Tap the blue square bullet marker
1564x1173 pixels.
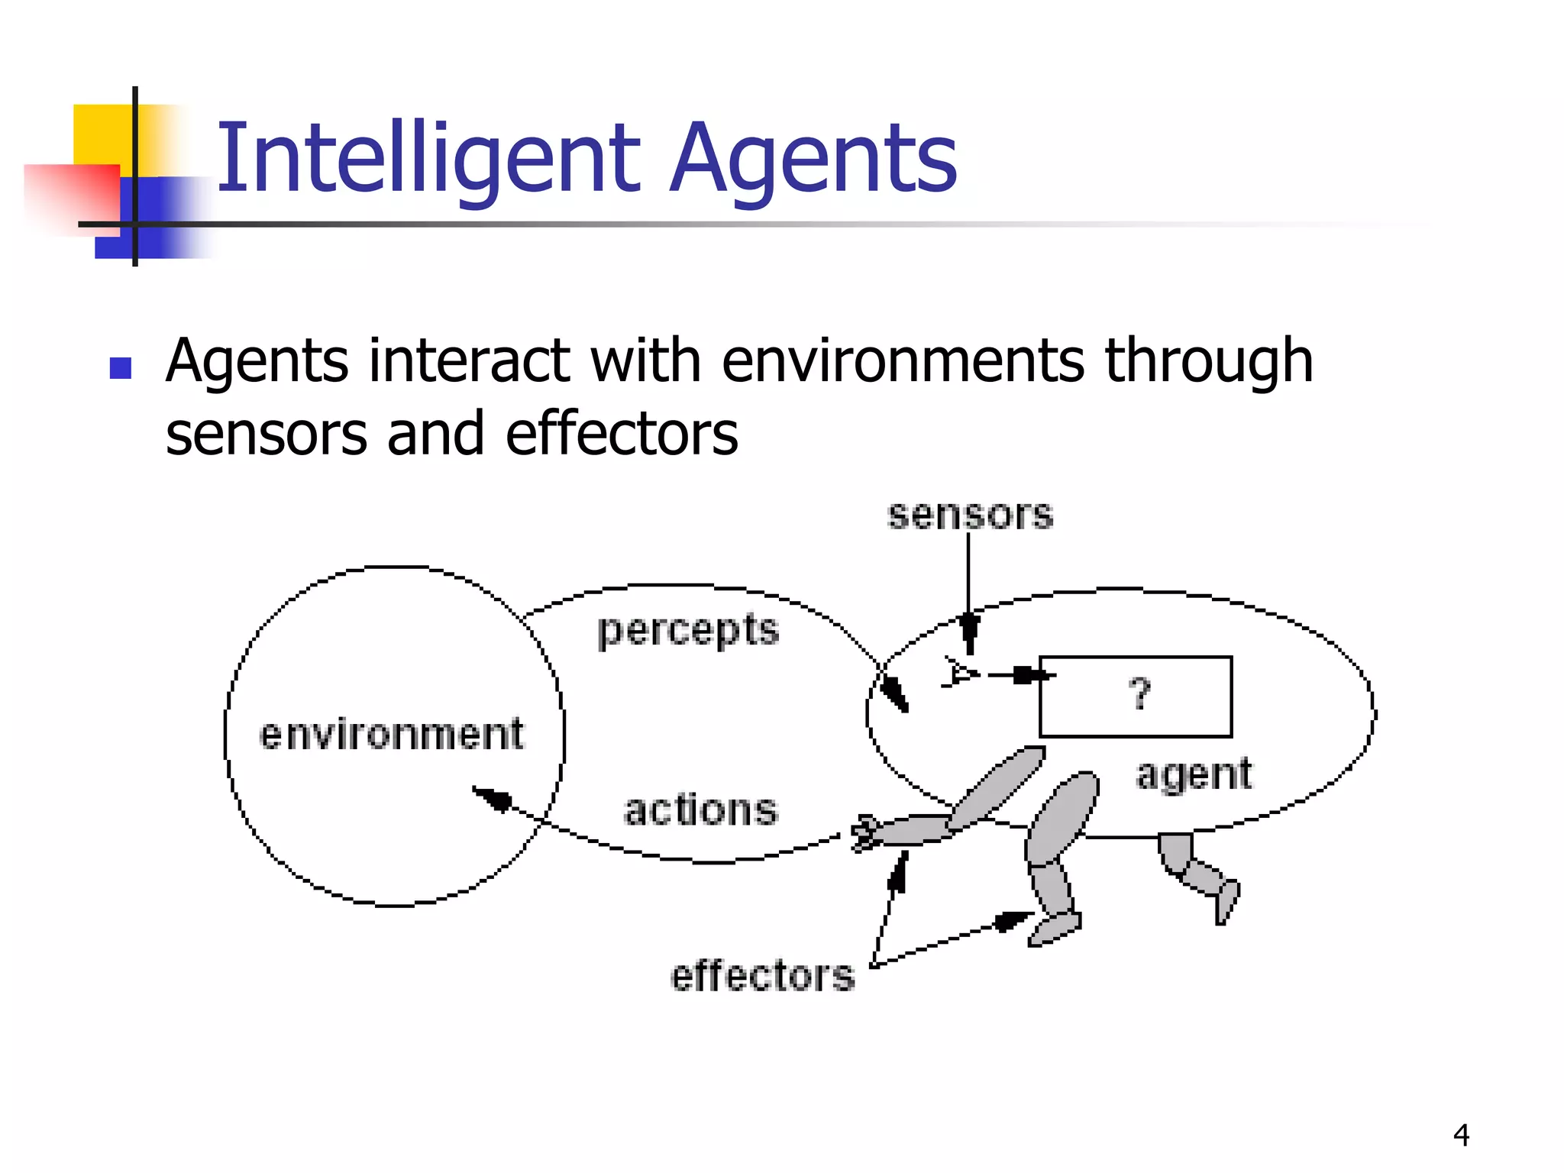(121, 368)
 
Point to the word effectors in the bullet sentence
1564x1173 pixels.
(622, 434)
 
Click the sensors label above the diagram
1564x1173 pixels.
(970, 514)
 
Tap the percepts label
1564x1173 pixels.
(688, 631)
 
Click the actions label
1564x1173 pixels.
(700, 809)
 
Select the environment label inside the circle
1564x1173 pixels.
(392, 734)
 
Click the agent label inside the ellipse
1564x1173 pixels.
(1194, 774)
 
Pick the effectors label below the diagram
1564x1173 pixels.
(762, 975)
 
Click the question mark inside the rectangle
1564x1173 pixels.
(1139, 693)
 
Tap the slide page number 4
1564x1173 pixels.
(1461, 1135)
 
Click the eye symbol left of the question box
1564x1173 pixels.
(959, 673)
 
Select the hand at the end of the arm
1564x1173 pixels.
(866, 832)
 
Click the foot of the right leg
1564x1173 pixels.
(1226, 901)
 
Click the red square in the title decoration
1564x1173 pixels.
(73, 195)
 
